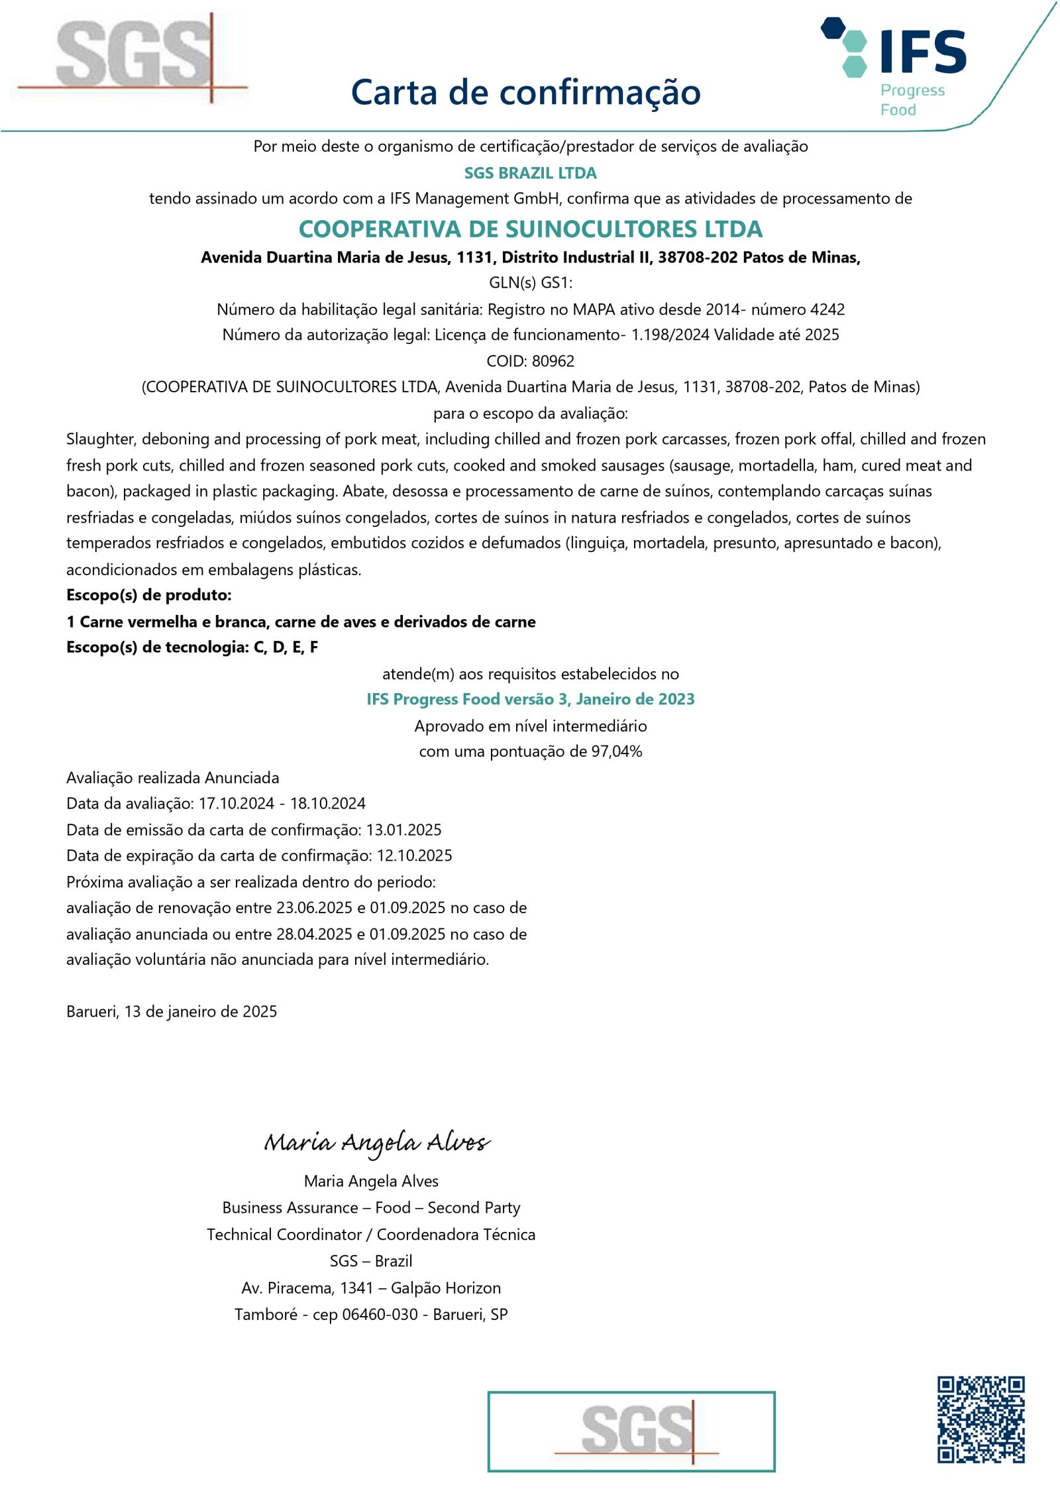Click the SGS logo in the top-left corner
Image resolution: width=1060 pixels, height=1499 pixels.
point(132,56)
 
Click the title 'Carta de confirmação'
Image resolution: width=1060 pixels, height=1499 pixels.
point(525,92)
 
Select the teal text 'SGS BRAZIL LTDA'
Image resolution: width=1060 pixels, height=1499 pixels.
point(530,173)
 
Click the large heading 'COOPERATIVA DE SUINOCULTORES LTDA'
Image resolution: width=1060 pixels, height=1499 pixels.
point(530,229)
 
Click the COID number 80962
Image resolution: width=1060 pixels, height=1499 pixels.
point(553,361)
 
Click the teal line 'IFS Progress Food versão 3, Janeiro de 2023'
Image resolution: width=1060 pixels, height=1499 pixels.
point(530,699)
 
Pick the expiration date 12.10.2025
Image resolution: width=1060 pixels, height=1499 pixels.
point(414,856)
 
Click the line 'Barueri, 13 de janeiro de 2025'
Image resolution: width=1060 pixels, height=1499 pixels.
point(172,1012)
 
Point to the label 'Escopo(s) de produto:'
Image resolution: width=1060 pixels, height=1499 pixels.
point(149,595)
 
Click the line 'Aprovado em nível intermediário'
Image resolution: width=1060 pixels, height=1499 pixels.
point(530,726)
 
